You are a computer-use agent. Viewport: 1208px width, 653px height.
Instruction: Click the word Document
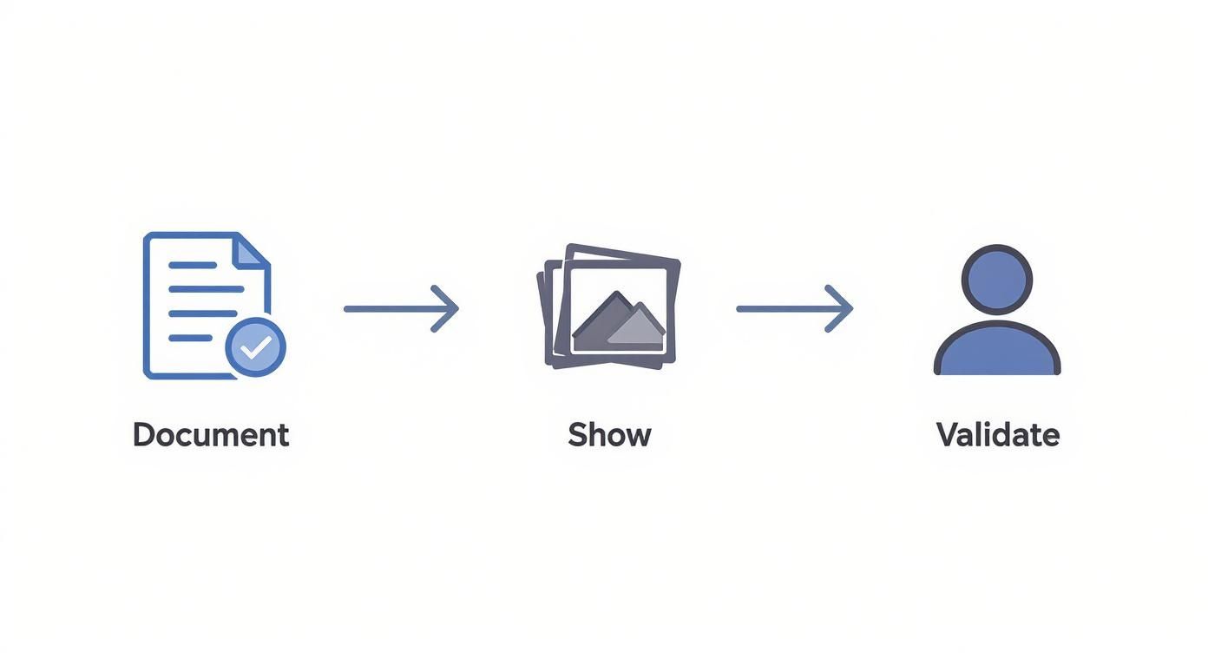point(211,434)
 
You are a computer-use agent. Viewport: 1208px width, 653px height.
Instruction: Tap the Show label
point(609,434)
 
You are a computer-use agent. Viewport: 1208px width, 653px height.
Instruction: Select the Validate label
point(998,434)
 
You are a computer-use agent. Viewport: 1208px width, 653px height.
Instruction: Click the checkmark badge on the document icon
point(255,347)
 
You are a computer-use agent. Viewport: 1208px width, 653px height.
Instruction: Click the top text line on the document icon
point(193,264)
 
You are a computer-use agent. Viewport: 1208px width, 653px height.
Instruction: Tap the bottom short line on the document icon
point(190,338)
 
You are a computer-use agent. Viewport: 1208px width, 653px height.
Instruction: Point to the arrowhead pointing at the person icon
point(840,308)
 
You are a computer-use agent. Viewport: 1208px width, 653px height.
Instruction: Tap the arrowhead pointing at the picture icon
point(446,308)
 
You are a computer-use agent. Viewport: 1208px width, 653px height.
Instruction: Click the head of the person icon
point(997,280)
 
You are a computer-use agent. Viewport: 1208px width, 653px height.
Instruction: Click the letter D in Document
point(144,434)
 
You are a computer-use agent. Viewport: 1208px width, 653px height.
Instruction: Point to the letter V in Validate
point(948,434)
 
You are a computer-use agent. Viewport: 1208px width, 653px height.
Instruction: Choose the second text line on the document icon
point(205,288)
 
